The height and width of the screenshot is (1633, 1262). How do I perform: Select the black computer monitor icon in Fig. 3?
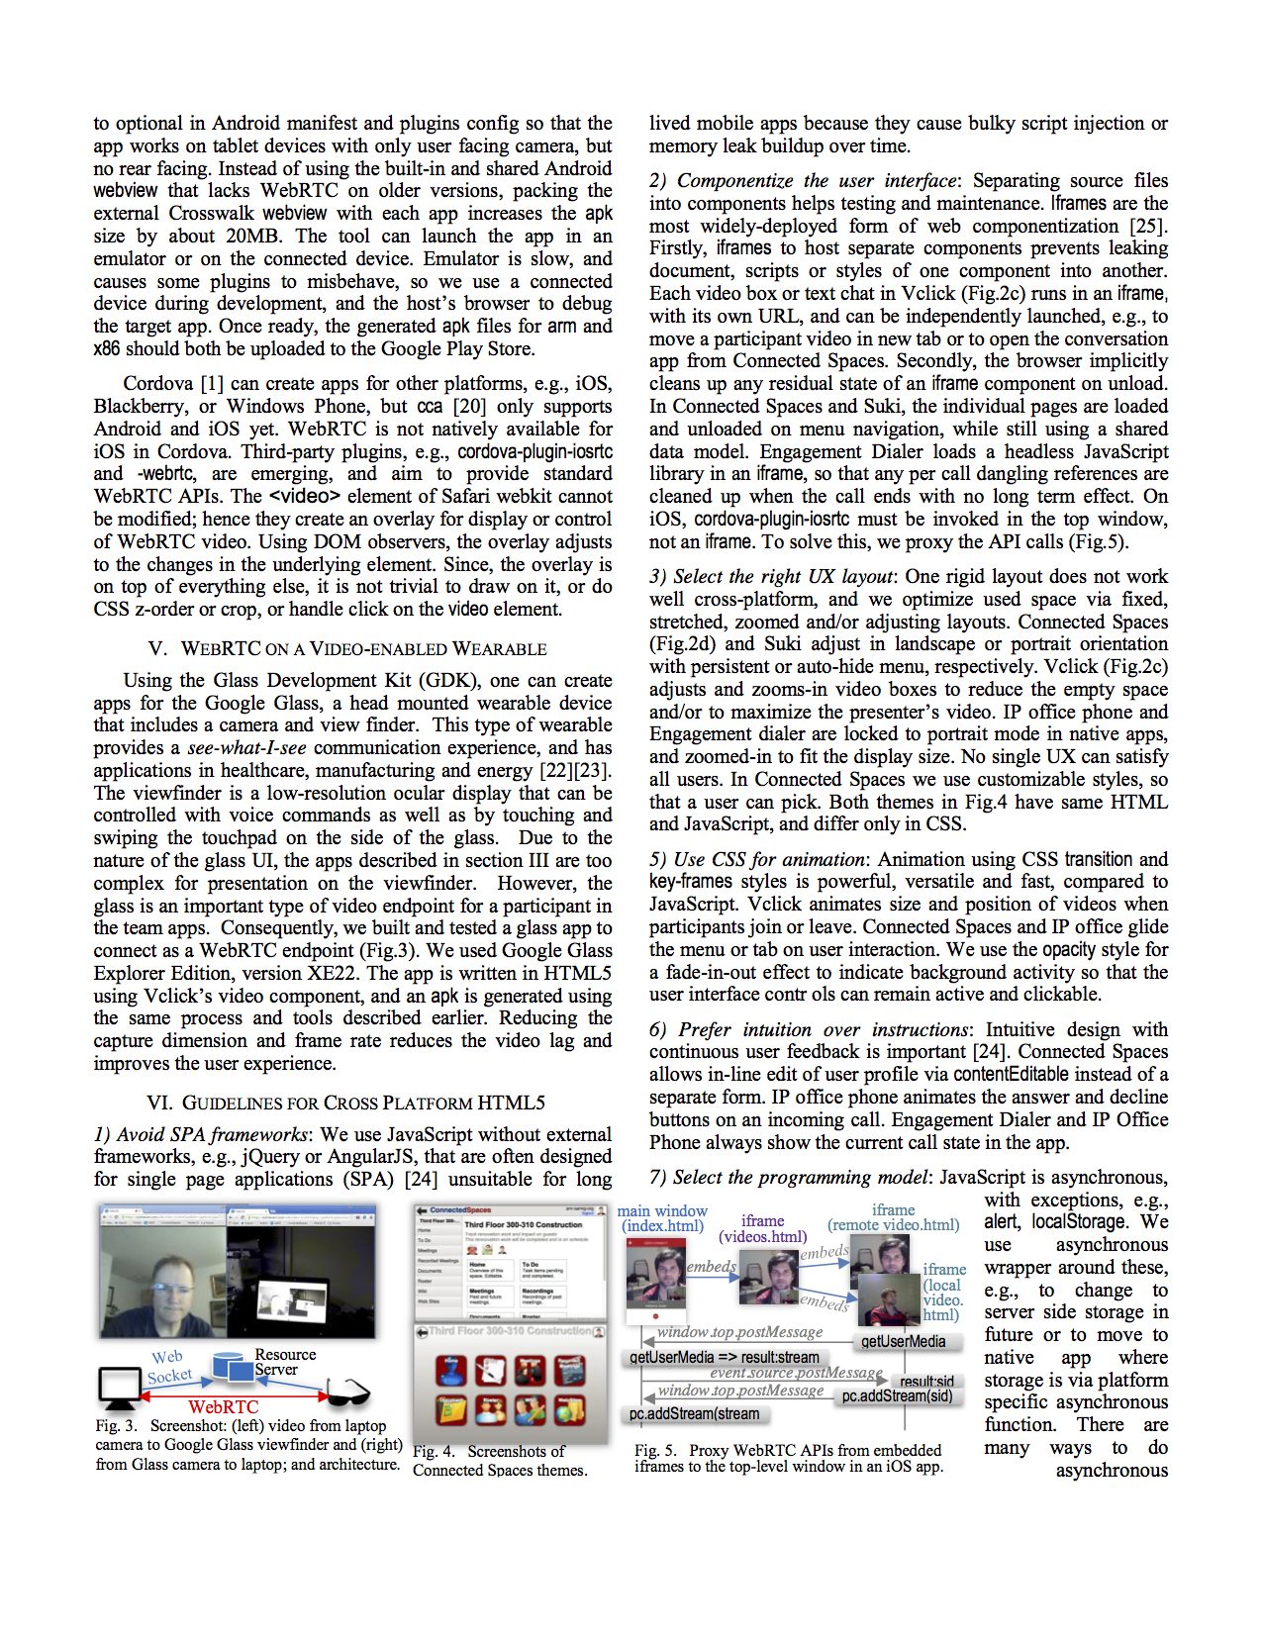coord(119,1386)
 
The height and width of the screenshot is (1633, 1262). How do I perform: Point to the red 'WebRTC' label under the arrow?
coord(224,1407)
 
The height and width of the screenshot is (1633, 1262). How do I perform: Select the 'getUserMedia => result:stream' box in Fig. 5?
coord(725,1357)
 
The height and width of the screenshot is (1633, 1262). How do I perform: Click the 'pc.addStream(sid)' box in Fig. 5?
coord(897,1396)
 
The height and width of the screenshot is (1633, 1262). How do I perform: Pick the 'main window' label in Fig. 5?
coord(662,1211)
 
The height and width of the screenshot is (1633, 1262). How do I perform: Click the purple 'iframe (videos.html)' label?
coord(762,1229)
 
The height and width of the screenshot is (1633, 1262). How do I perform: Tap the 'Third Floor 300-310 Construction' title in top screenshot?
coord(524,1224)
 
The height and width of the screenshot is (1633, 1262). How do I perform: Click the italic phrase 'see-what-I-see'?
coord(246,748)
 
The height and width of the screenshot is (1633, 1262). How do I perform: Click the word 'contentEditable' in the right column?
coord(1011,1075)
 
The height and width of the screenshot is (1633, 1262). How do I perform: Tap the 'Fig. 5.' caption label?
coord(655,1451)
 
